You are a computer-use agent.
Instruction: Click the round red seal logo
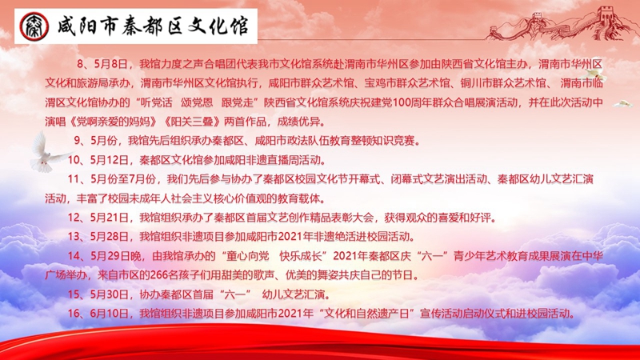coord(34,26)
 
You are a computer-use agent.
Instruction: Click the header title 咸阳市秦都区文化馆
coord(153,26)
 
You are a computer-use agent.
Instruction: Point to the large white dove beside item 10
coord(47,152)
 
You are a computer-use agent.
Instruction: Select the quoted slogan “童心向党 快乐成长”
coord(274,256)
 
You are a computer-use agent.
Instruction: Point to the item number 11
coord(74,179)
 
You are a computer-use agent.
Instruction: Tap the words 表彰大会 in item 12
coord(352,218)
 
